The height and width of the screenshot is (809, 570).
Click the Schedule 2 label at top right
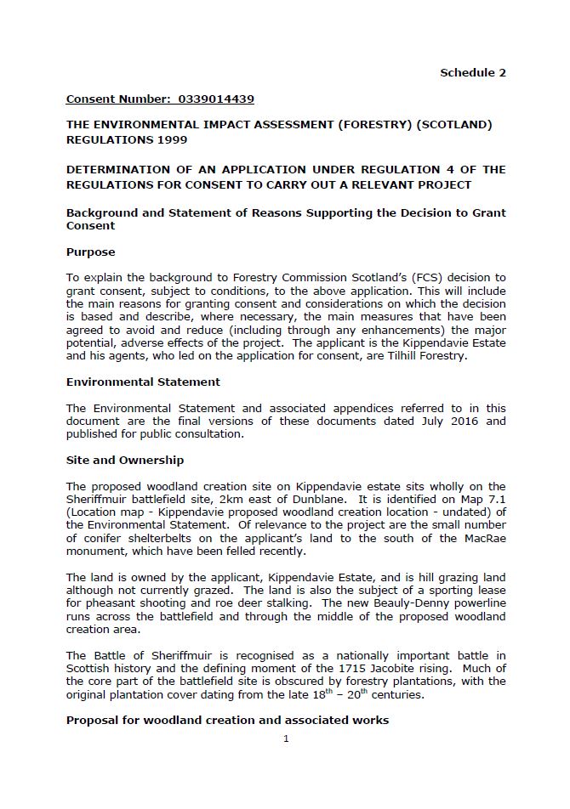pyautogui.click(x=472, y=72)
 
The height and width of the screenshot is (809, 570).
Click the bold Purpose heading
pyautogui.click(x=90, y=252)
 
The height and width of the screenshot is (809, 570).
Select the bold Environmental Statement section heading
pyautogui.click(x=143, y=382)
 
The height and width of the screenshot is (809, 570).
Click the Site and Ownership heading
pyautogui.click(x=125, y=460)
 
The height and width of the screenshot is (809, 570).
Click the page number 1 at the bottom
pyautogui.click(x=286, y=738)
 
